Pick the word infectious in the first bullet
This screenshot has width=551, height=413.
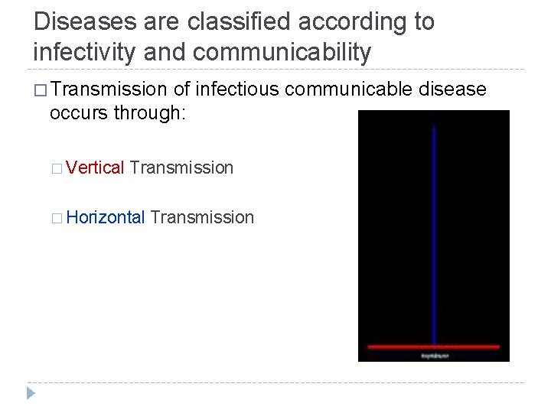tap(237, 90)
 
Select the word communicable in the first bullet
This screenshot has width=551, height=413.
tap(349, 90)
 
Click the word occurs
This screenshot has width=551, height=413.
tap(79, 113)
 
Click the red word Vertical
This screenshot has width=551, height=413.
tap(95, 167)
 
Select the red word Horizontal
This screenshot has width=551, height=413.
tap(106, 218)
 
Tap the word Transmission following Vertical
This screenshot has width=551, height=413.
tap(181, 167)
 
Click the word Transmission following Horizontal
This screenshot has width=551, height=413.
tap(202, 218)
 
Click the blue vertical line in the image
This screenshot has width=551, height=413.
tap(434, 229)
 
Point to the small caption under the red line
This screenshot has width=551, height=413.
tap(434, 356)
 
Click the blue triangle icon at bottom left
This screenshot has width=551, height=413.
tap(31, 394)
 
